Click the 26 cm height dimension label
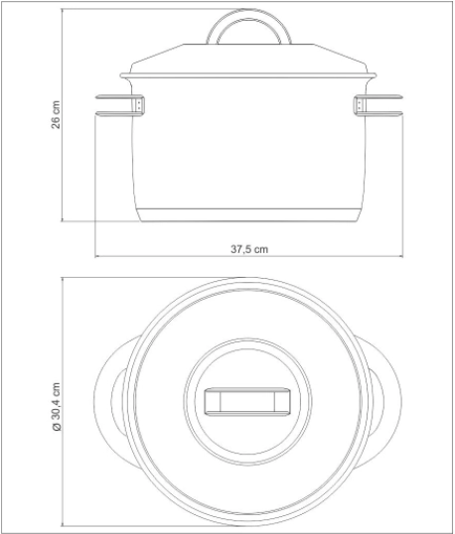(x=56, y=114)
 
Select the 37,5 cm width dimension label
(x=249, y=249)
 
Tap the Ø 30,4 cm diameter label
(x=56, y=407)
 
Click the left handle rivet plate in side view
(x=139, y=104)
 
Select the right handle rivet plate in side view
(x=359, y=104)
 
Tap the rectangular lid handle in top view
(x=247, y=402)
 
